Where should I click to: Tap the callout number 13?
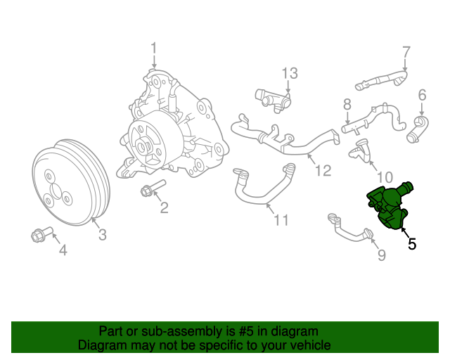click(x=290, y=73)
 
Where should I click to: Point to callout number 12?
click(x=322, y=169)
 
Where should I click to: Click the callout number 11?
click(x=281, y=220)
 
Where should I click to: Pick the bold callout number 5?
click(x=412, y=244)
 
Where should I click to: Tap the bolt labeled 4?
click(x=39, y=236)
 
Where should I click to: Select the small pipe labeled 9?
click(x=349, y=229)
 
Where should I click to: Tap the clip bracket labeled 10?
click(x=364, y=150)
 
